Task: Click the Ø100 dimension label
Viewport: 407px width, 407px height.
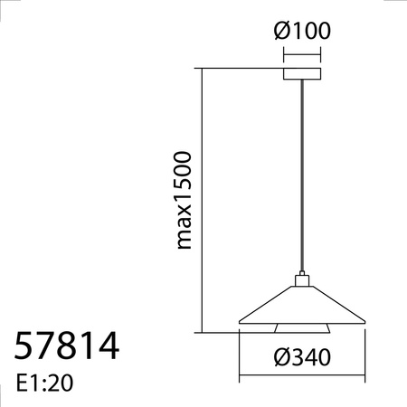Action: (x=301, y=32)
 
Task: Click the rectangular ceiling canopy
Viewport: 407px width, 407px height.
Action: (x=301, y=73)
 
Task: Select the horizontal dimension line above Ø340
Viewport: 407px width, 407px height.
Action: (x=301, y=378)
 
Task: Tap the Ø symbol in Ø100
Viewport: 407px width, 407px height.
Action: (x=281, y=32)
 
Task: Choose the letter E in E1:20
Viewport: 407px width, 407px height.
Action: (x=21, y=384)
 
